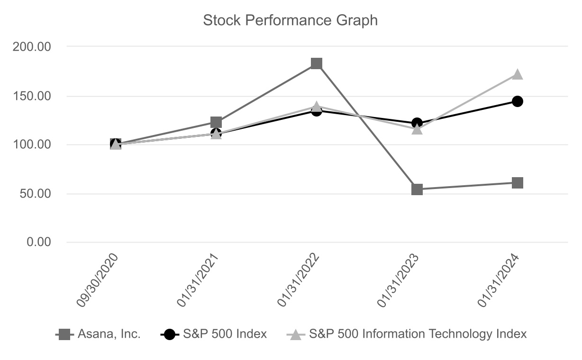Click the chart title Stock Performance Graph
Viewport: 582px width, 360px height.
[x=290, y=20]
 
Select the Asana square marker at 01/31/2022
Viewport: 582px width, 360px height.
[x=317, y=63]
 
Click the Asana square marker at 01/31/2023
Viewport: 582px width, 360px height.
[x=417, y=189]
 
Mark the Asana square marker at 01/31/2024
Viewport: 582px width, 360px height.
[x=518, y=183]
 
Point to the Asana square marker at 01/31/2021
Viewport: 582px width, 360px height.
[x=216, y=122]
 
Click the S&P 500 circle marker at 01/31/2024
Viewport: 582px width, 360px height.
[x=518, y=101]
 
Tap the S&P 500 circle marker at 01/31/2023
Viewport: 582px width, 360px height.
[x=417, y=123]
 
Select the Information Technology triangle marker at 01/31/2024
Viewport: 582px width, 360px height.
[x=518, y=74]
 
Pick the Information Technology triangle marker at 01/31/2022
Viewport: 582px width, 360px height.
[x=317, y=107]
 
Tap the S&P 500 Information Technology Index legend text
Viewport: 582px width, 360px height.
[x=418, y=334]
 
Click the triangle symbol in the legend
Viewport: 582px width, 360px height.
[x=296, y=335]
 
